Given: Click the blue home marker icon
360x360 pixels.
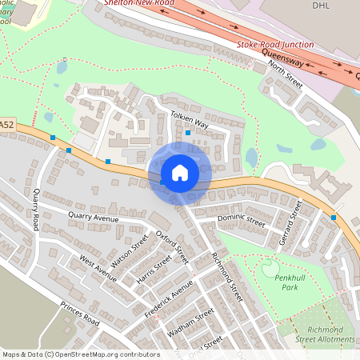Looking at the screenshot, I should [x=179, y=173].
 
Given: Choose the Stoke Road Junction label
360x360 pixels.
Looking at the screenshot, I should [x=275, y=45].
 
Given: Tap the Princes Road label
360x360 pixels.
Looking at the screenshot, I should [x=80, y=314].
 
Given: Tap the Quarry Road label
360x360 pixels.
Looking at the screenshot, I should [x=35, y=207].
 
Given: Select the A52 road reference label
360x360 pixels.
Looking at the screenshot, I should [x=6, y=124].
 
